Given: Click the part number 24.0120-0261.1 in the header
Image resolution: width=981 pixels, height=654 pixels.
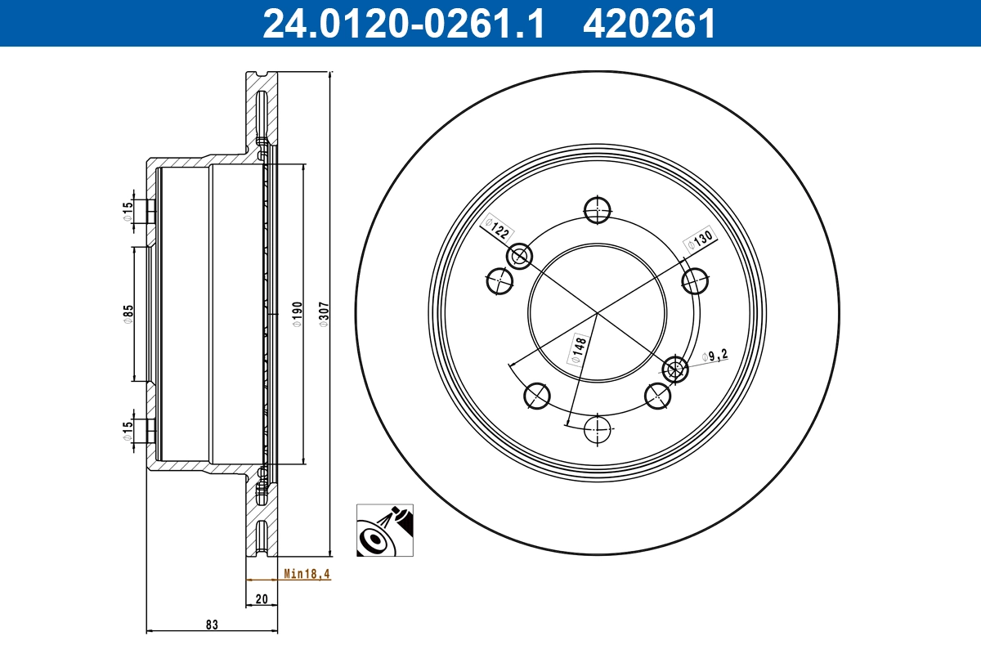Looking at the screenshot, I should (x=402, y=23).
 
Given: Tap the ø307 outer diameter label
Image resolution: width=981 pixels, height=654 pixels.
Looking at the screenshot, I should (x=323, y=315).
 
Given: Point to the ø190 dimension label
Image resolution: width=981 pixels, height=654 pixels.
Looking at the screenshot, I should (x=298, y=315).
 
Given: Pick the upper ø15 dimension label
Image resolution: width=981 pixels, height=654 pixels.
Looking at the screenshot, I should (x=128, y=212).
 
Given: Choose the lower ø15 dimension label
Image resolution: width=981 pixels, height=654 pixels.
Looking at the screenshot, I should (x=128, y=431).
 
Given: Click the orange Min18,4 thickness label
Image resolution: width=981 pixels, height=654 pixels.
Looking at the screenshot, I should (x=307, y=574).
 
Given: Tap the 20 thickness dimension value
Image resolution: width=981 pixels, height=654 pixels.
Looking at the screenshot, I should (x=262, y=599).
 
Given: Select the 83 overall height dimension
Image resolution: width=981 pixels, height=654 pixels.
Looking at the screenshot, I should (x=212, y=625).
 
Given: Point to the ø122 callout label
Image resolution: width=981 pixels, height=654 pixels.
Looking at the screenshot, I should (x=496, y=228).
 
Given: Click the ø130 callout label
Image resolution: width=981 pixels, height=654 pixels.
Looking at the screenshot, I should (x=701, y=240).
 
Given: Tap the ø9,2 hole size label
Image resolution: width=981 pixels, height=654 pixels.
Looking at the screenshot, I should (x=714, y=356).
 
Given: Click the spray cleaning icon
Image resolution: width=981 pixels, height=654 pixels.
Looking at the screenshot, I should (x=385, y=531).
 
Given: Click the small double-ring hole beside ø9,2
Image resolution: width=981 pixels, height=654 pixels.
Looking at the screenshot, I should (x=675, y=370).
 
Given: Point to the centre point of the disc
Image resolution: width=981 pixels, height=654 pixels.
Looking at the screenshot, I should (x=598, y=313).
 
